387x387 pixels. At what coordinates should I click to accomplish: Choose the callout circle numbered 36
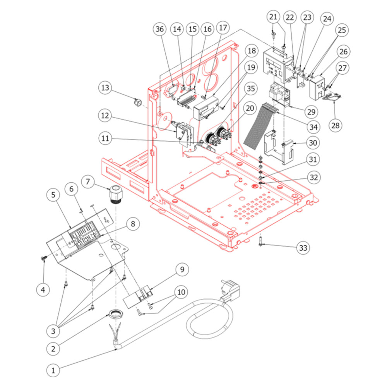coord(160,29)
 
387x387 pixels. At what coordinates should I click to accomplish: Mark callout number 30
coord(313,142)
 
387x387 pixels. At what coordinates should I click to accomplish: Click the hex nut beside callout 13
coord(136,102)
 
